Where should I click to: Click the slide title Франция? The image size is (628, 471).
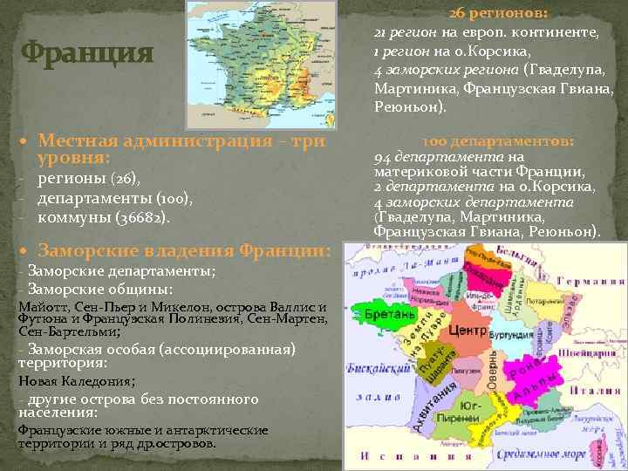pos(87,54)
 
